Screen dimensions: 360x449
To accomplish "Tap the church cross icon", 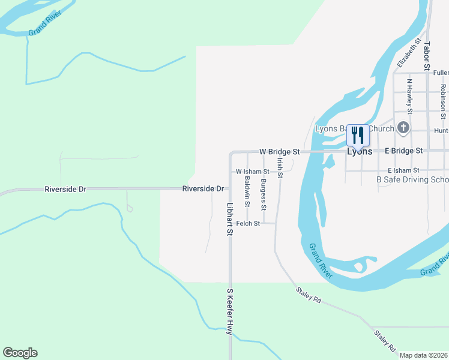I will coord(403,128).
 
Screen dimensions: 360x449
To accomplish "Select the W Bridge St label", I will coord(279,152).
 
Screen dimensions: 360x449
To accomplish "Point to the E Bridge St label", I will coord(403,151).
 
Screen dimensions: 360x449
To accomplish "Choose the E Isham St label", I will coord(407,171).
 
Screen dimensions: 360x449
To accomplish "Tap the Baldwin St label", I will coord(247,191).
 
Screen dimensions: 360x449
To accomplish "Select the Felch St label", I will coord(248,223).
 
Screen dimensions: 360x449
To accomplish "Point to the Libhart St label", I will coord(229,218).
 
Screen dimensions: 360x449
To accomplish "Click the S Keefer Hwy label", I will coord(229,310).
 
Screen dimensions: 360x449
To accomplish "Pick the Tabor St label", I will coord(427,55).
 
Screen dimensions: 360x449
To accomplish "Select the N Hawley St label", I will coord(409,96).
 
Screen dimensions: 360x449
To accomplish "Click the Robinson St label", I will coord(443,97).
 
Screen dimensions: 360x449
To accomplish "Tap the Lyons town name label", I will coord(360,152).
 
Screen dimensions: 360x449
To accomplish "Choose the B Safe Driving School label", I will coord(412,179).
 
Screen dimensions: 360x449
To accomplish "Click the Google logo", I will coord(20,353).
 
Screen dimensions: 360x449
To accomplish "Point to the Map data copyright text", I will coord(423,355).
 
